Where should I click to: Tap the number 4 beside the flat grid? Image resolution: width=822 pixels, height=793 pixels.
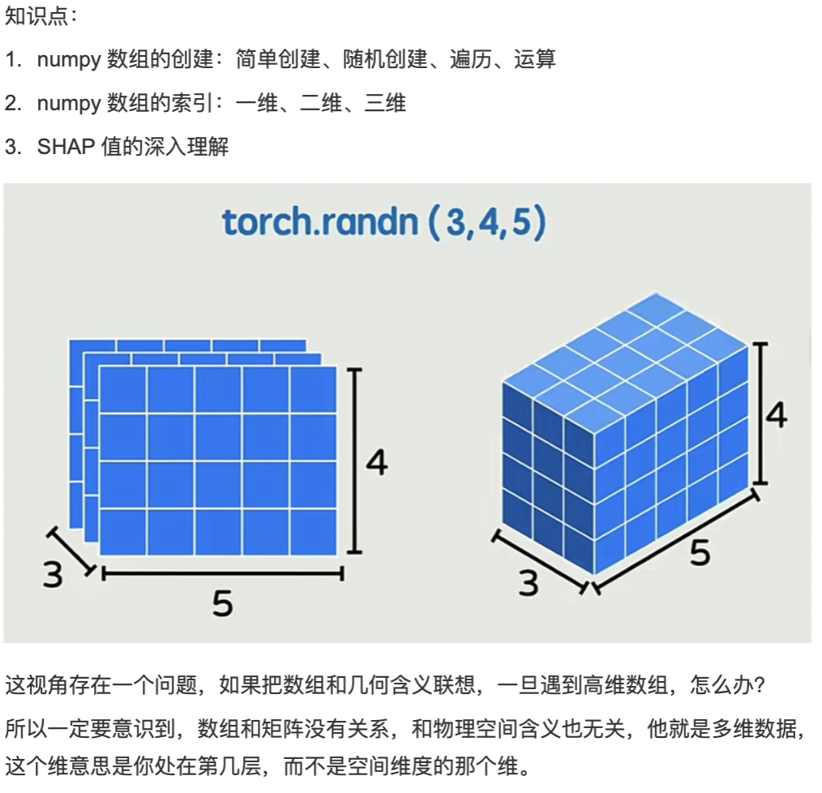(377, 463)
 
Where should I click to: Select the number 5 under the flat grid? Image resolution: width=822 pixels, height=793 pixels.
(223, 603)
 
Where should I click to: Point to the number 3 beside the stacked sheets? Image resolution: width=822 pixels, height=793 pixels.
(53, 575)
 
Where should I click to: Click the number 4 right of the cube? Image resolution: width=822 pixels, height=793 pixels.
(776, 414)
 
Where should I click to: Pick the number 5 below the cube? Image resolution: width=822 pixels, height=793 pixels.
(700, 553)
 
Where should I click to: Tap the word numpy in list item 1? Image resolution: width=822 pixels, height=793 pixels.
(69, 59)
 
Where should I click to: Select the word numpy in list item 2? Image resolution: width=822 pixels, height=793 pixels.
(69, 103)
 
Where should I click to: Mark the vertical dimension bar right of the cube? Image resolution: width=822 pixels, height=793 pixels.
(760, 413)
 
